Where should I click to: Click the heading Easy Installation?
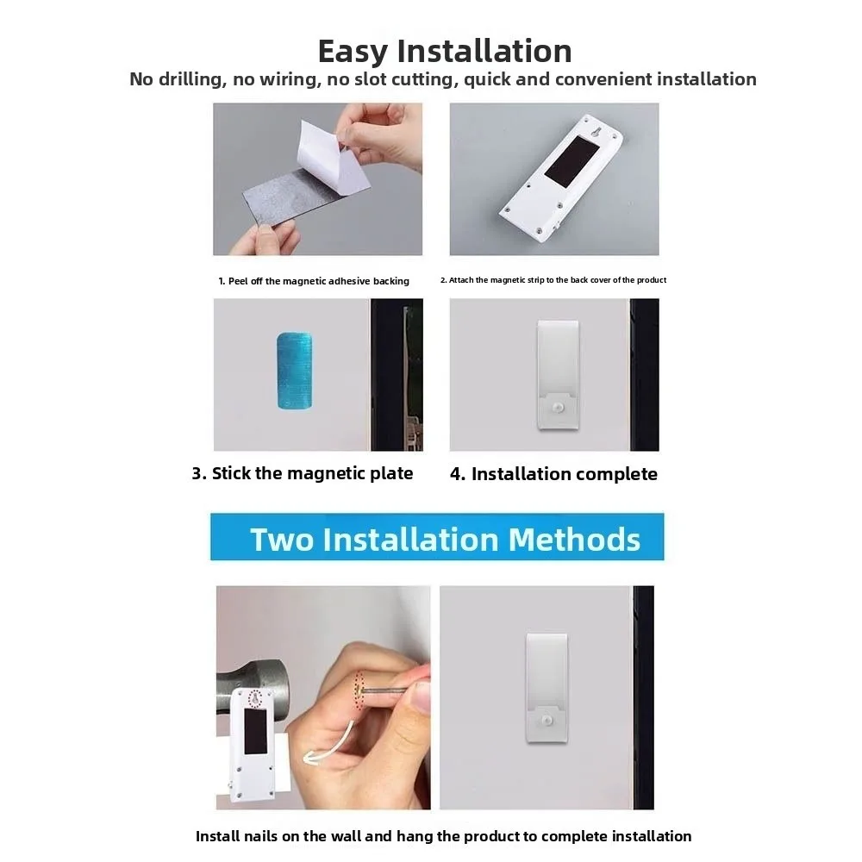(444, 51)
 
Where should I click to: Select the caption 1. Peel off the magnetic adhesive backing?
(313, 281)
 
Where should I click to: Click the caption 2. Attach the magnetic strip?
(553, 280)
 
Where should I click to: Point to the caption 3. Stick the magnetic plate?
(302, 473)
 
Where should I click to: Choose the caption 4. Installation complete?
(553, 474)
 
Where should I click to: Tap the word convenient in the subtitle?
(603, 79)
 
